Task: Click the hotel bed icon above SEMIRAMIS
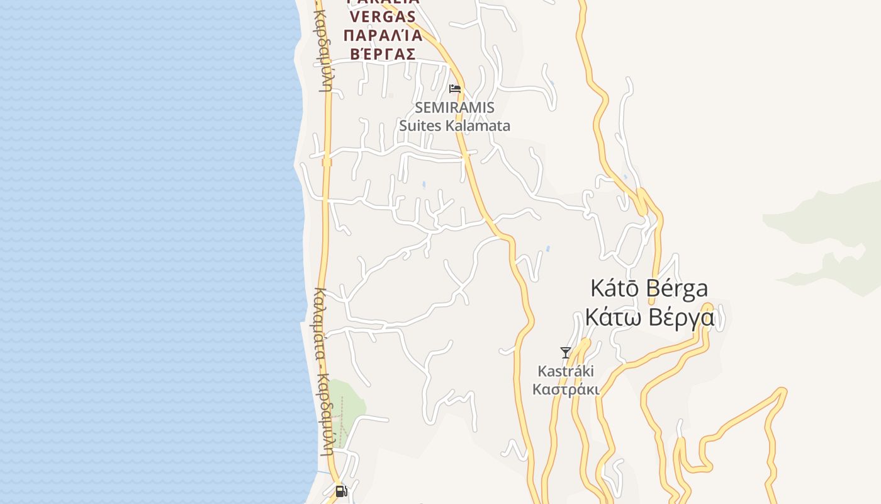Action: coord(455,89)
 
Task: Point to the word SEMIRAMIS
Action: coord(454,107)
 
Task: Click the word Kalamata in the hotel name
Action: coord(478,125)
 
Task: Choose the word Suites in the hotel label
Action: coord(420,125)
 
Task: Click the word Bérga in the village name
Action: coord(676,289)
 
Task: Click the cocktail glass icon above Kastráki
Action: coord(566,353)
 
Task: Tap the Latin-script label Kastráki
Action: coord(566,371)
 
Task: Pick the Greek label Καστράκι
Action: coord(566,389)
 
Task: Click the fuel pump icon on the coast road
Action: coord(341,491)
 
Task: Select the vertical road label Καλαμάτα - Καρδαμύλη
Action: coord(325,372)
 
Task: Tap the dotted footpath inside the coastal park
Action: coord(342,422)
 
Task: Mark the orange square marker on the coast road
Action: coord(327,162)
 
